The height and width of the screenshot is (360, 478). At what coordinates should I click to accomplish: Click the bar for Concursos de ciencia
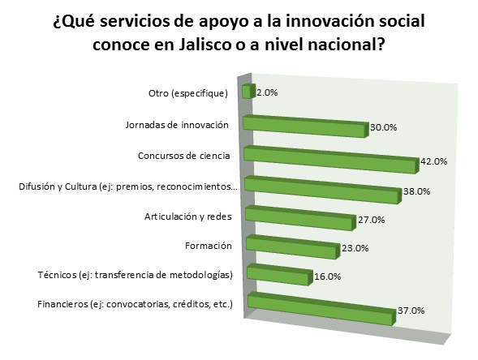331,160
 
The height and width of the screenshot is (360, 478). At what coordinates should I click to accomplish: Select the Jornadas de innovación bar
305,126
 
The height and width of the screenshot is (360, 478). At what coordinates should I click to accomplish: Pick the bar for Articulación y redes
300,218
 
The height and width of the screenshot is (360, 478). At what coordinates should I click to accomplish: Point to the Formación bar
293,247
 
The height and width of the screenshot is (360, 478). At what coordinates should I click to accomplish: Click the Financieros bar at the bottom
321,309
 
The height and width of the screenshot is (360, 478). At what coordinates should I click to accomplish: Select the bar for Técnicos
280,275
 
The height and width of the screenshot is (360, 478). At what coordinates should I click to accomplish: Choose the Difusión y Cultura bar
323,190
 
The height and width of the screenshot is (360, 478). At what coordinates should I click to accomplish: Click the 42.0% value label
433,161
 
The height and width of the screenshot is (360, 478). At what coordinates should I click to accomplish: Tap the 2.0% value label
267,92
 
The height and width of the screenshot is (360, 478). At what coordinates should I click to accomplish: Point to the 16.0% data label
327,276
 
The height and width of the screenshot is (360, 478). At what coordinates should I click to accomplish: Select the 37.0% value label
411,311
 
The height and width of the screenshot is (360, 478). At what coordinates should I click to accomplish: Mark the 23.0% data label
355,248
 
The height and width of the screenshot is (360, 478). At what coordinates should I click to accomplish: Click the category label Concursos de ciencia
184,156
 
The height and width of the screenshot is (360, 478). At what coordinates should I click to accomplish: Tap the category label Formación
209,246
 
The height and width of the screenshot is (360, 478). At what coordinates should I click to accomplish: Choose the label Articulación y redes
187,216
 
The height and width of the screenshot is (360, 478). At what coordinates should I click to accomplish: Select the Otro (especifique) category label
188,93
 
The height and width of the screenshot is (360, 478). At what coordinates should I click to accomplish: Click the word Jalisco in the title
205,45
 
